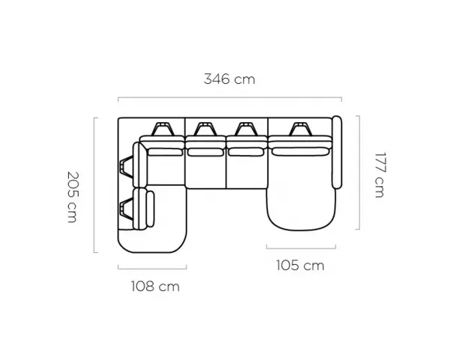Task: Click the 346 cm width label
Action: pyautogui.click(x=229, y=79)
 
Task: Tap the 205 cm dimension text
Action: pyautogui.click(x=72, y=197)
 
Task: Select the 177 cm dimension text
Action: pyautogui.click(x=379, y=175)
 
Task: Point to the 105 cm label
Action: pyautogui.click(x=300, y=265)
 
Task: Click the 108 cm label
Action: pyautogui.click(x=155, y=286)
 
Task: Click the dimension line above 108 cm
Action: pyautogui.click(x=152, y=268)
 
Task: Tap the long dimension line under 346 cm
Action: pyautogui.click(x=229, y=98)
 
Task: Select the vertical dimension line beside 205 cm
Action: pyautogui.click(x=94, y=185)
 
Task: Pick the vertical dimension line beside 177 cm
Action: pyautogui.click(x=359, y=172)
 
